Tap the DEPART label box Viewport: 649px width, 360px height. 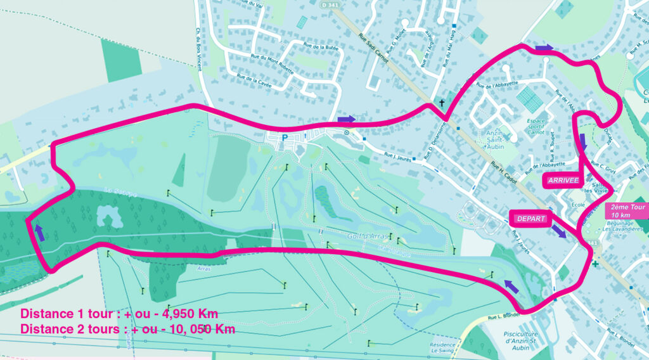tap(530, 219)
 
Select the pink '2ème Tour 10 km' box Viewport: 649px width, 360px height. tap(627, 211)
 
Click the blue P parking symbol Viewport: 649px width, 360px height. tap(285, 137)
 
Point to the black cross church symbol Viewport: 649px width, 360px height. tap(442, 103)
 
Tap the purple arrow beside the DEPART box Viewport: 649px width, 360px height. tap(558, 231)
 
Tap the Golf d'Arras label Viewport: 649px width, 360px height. tap(367, 236)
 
